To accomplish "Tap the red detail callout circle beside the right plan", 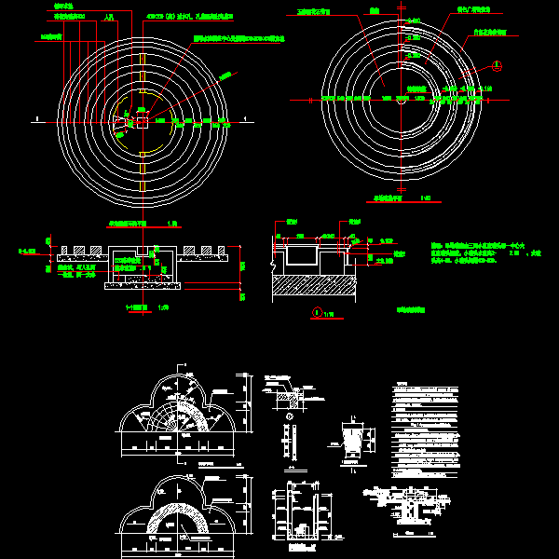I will pyautogui.click(x=497, y=65).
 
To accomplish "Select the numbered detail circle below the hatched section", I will pyautogui.click(x=317, y=312).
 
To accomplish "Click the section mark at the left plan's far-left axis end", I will pyautogui.click(x=35, y=119).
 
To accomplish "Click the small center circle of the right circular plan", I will pyautogui.click(x=401, y=97).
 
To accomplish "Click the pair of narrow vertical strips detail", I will pyautogui.click(x=289, y=442).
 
